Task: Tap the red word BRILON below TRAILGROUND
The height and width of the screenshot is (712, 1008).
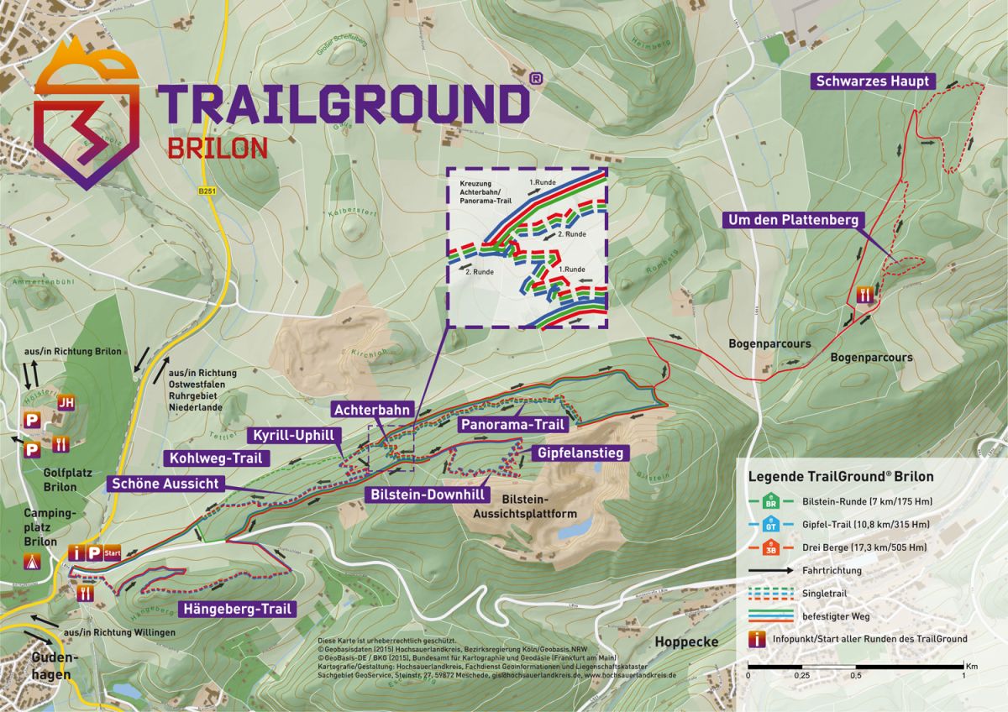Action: point(218,147)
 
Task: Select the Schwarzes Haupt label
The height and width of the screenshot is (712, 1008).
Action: point(870,81)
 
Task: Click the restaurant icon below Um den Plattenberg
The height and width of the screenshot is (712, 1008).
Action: point(866,295)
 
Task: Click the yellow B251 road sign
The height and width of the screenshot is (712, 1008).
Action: point(207,191)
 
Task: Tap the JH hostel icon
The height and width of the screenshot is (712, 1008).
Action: point(66,402)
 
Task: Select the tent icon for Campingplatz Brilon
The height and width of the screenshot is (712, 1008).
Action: point(34,562)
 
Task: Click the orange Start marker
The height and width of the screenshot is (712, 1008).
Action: point(113,552)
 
